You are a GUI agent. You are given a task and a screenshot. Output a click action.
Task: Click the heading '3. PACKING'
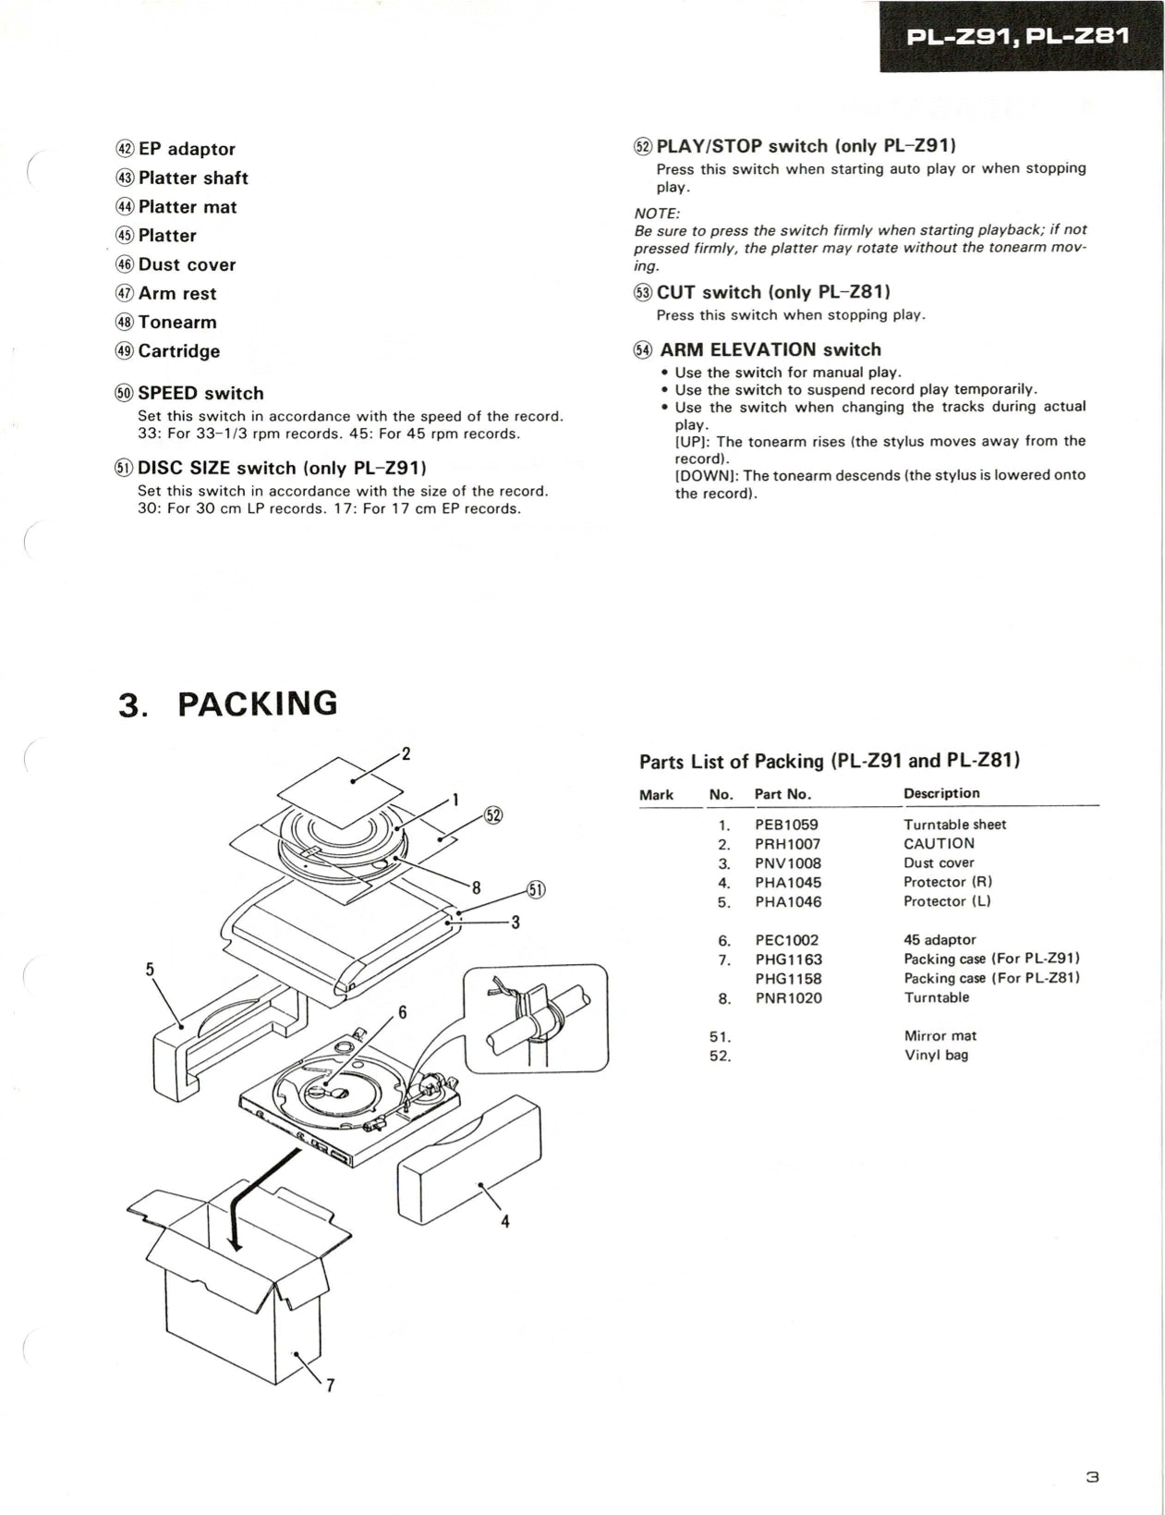[228, 703]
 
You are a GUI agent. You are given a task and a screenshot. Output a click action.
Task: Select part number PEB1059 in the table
[786, 824]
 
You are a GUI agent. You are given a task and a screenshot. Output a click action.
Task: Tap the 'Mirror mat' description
[940, 1035]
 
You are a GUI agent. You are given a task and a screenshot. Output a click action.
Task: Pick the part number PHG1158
[787, 978]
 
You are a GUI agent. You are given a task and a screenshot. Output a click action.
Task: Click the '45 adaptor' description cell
[939, 939]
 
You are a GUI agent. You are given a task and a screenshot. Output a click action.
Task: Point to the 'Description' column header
[941, 793]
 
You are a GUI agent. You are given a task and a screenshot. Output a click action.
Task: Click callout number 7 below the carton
[330, 1385]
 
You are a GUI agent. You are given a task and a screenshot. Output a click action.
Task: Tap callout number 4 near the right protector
[505, 1221]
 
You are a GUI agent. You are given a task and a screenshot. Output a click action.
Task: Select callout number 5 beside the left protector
[150, 969]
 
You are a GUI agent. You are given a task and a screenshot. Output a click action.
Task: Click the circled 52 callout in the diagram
[493, 814]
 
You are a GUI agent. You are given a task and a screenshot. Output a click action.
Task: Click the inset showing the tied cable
[535, 1018]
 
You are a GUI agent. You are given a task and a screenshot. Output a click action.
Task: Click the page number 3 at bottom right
[1092, 1476]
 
